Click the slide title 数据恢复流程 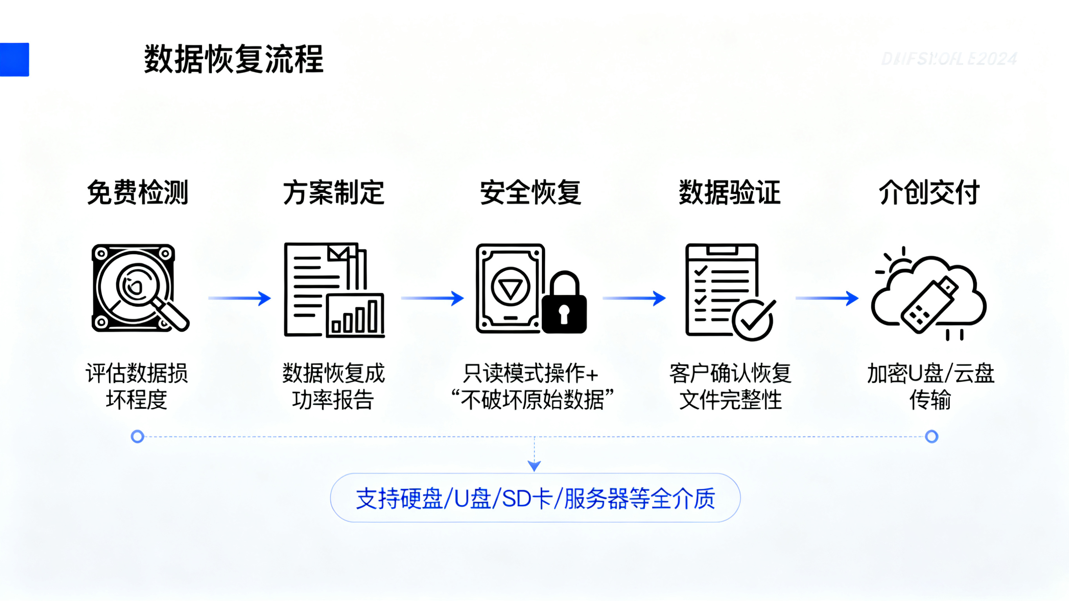tap(234, 60)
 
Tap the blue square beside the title tap(14, 60)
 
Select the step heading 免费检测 tap(137, 193)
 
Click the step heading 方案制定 tap(334, 193)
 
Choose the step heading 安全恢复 tap(531, 193)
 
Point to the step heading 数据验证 tap(730, 193)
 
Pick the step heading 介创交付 tap(929, 193)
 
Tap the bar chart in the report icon tap(355, 316)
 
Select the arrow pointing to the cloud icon tap(827, 298)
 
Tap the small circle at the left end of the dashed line tap(137, 437)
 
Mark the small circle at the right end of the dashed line tap(932, 437)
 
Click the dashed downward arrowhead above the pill tap(534, 466)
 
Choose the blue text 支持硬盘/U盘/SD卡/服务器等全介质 tap(535, 498)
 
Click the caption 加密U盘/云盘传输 tap(930, 386)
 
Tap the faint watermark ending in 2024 tap(949, 59)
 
